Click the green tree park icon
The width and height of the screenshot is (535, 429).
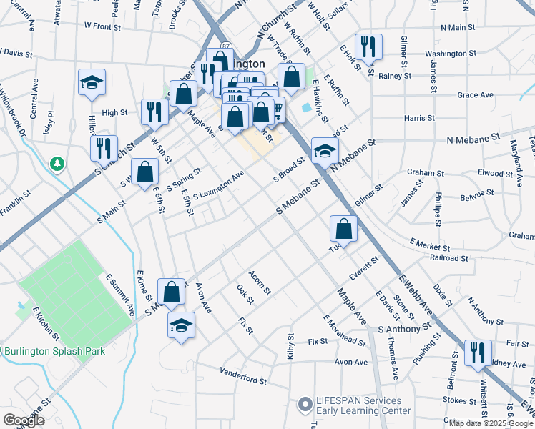(x=57, y=165)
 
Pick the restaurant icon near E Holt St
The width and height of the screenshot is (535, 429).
(x=368, y=47)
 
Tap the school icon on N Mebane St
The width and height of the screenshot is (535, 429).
(x=325, y=151)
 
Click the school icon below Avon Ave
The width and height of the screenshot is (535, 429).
(x=182, y=326)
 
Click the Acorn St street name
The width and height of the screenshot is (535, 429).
(x=259, y=282)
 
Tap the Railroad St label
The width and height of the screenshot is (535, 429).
(x=448, y=257)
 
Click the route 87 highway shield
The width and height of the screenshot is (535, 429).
(x=227, y=46)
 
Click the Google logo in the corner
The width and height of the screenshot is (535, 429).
(x=24, y=420)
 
